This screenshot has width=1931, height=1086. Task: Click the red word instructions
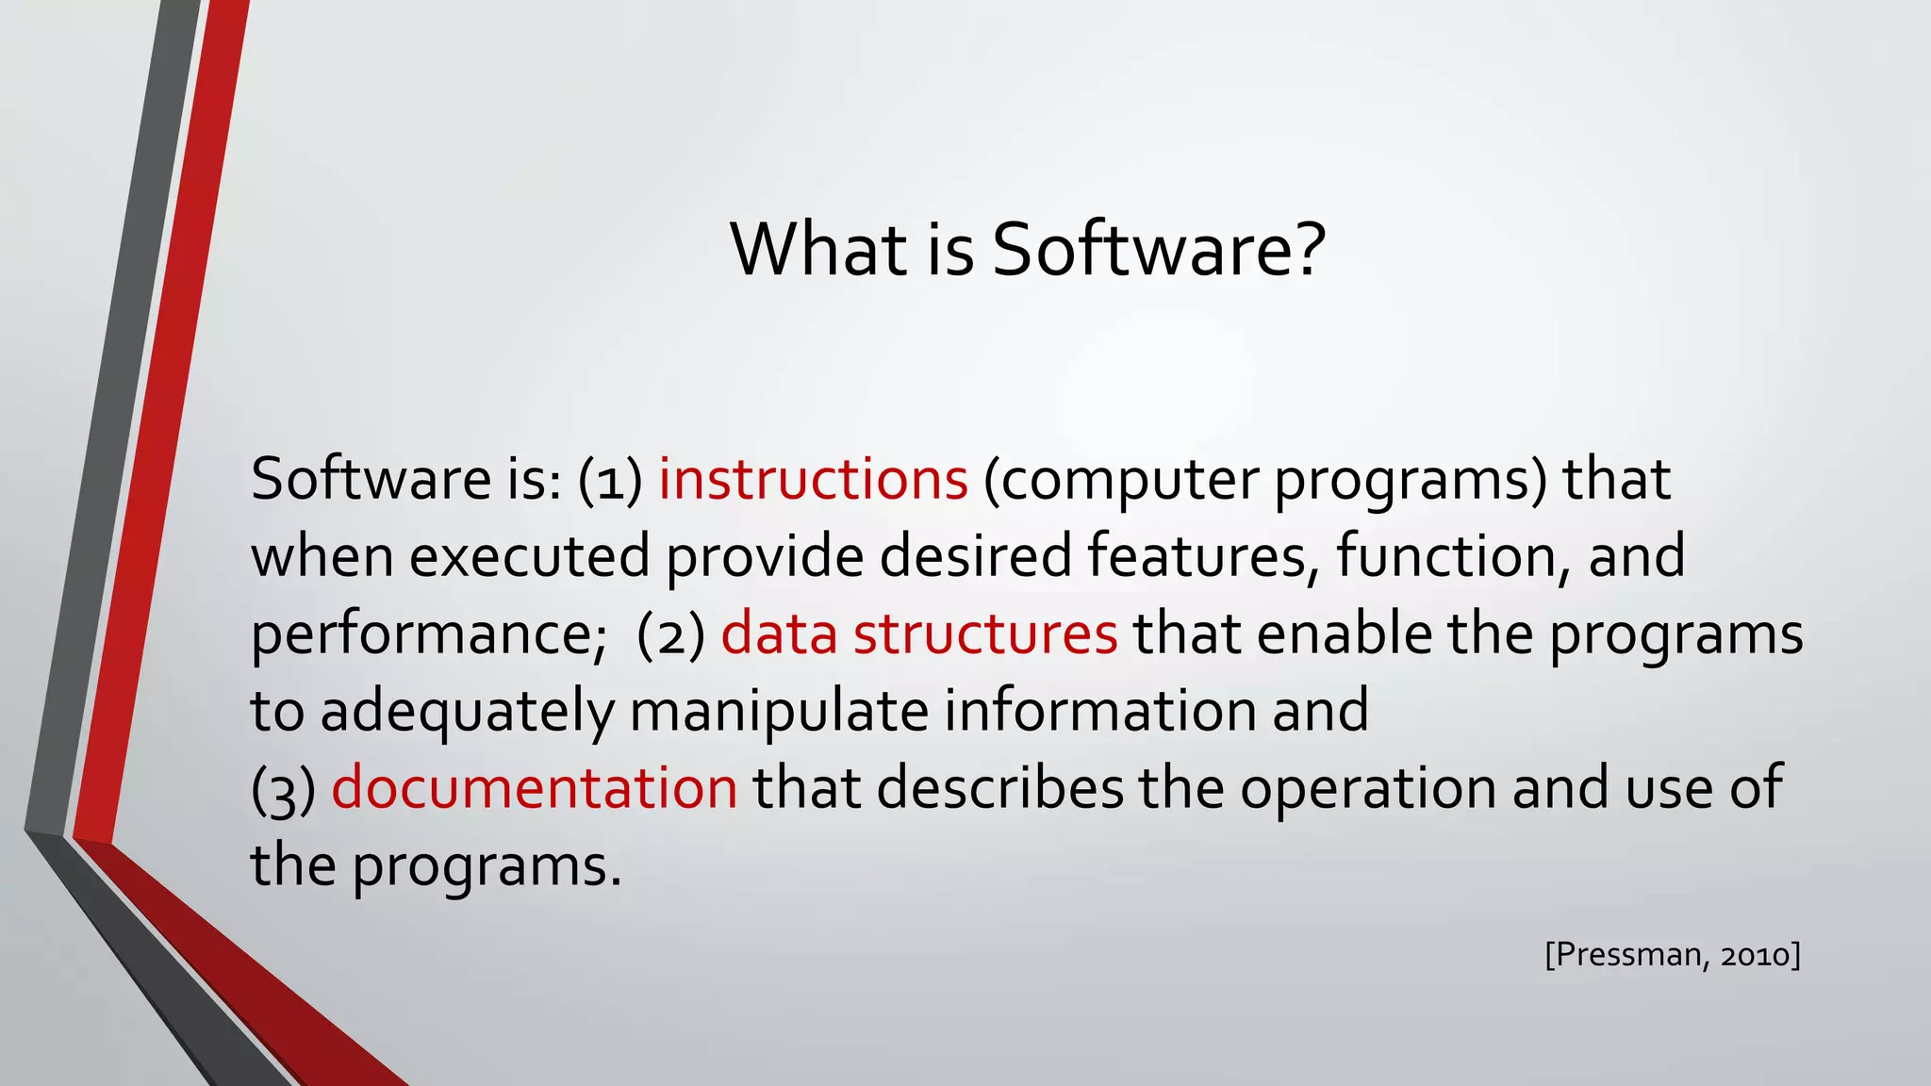(x=813, y=479)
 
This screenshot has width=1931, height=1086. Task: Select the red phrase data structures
(x=919, y=633)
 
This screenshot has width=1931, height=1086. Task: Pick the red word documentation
(x=534, y=788)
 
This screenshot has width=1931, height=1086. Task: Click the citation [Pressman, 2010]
(x=1673, y=955)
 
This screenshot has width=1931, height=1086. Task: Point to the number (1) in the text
(x=610, y=479)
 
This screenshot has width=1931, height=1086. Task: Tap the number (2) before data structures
(x=670, y=633)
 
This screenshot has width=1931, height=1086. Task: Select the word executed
(x=529, y=556)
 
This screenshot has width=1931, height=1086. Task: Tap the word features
(x=1201, y=556)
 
